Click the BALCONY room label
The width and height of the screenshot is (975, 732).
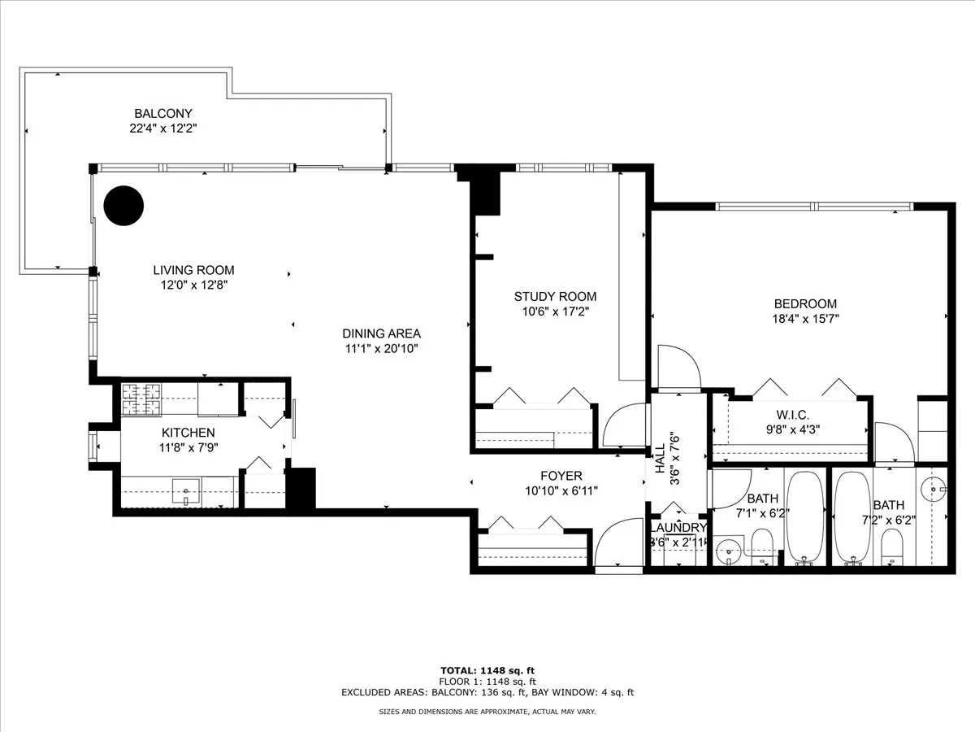point(163,114)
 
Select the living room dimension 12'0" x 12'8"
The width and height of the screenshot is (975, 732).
point(194,285)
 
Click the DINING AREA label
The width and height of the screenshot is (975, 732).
point(381,333)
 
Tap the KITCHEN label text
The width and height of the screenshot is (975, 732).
point(188,433)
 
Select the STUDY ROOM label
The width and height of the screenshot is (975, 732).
point(555,297)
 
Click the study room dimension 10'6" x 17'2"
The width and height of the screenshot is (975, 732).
point(555,312)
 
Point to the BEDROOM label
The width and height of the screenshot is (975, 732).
point(804,304)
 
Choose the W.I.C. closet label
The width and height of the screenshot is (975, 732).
point(791,416)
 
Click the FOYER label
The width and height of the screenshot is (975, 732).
point(561,476)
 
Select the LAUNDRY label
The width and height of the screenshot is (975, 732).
point(678,527)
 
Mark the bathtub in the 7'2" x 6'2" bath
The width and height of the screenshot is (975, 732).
point(853,517)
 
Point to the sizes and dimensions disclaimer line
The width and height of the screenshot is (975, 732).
point(487,712)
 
